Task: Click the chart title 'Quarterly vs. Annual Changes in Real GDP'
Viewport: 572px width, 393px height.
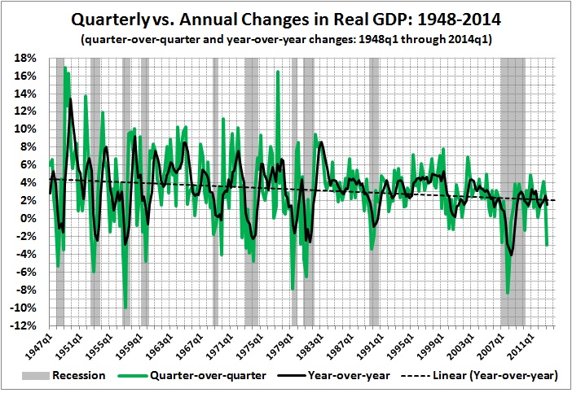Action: (x=286, y=19)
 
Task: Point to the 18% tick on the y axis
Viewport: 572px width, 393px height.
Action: (x=24, y=58)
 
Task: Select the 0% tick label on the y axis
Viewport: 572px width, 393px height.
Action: (x=27, y=219)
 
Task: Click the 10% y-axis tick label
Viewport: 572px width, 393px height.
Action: (x=24, y=129)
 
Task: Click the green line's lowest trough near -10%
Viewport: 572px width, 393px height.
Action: (x=125, y=308)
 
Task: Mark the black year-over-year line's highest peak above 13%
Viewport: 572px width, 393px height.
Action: (x=71, y=98)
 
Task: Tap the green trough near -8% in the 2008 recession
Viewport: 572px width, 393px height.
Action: (x=508, y=293)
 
